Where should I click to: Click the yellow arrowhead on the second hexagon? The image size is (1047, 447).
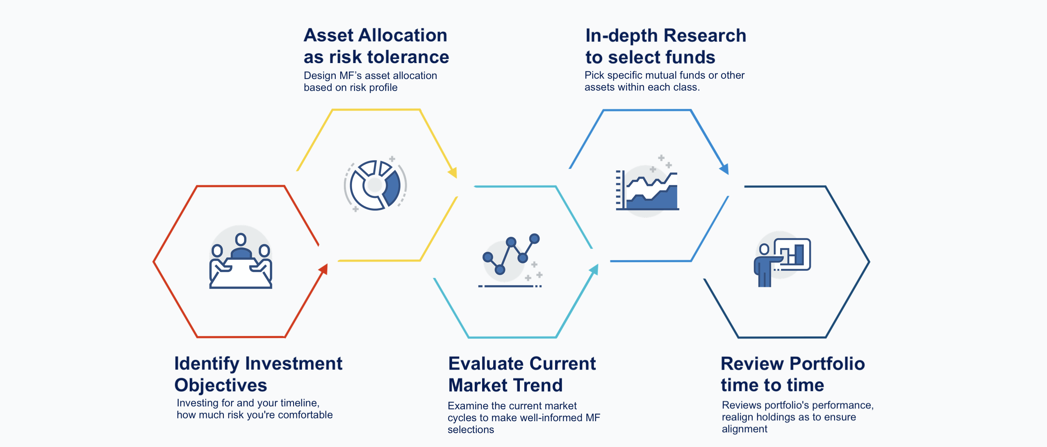(x=453, y=172)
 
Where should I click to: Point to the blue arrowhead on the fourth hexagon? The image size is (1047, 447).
(x=724, y=168)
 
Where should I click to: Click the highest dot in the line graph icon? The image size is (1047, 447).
(x=534, y=238)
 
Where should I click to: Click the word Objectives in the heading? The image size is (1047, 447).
(x=221, y=385)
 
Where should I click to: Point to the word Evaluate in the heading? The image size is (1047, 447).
(x=482, y=363)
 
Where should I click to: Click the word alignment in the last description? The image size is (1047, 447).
(x=744, y=429)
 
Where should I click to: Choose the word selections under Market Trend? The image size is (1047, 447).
(x=471, y=430)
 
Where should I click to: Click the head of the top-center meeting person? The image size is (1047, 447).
(x=241, y=239)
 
